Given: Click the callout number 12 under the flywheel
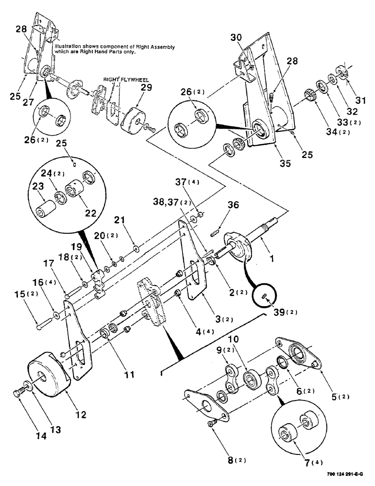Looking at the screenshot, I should (81, 415).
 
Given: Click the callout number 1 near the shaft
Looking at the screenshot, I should (272, 260).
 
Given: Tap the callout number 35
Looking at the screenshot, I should (284, 164).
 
